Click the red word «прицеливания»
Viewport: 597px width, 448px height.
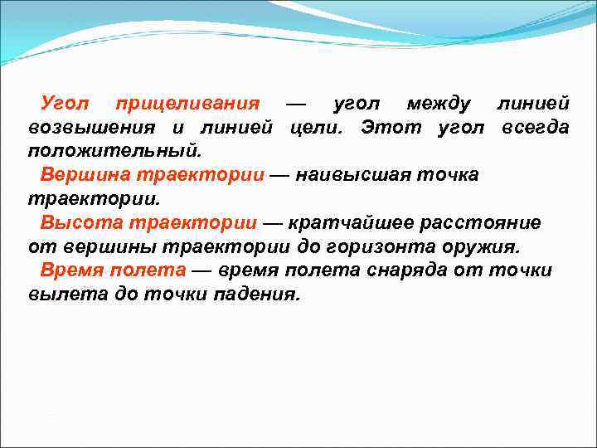(187, 105)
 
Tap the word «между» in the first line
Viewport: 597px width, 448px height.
(439, 105)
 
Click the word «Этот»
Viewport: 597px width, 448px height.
(391, 128)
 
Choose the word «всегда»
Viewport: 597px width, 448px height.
(535, 128)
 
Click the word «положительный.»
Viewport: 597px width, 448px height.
(114, 152)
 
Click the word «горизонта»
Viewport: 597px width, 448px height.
(375, 247)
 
